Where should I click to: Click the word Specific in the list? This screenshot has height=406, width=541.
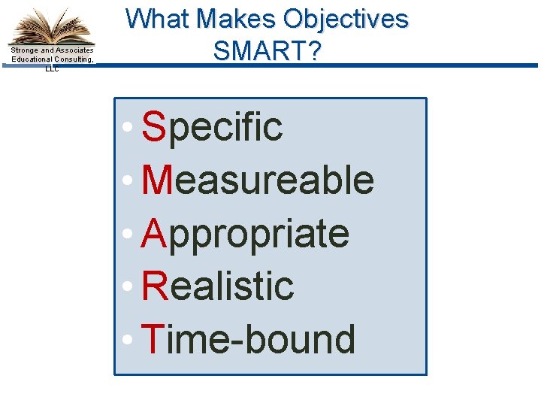(213, 127)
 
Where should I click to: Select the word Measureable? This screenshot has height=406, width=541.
(258, 180)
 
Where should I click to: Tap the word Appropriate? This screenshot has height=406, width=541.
(246, 234)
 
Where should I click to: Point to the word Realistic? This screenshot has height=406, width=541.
(218, 286)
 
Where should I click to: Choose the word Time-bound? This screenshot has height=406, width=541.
(249, 339)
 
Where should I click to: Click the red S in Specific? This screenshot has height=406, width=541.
(153, 127)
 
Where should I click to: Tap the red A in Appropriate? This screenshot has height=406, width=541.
(153, 234)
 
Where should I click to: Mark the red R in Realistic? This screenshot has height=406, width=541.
(154, 286)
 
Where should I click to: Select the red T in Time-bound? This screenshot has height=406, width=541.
(153, 339)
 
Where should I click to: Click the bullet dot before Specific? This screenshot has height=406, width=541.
(131, 129)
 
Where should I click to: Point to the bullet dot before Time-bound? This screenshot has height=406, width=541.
(131, 341)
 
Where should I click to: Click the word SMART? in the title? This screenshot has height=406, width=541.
(267, 50)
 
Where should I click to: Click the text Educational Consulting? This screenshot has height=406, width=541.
(52, 59)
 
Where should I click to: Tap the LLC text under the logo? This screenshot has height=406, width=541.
(52, 68)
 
